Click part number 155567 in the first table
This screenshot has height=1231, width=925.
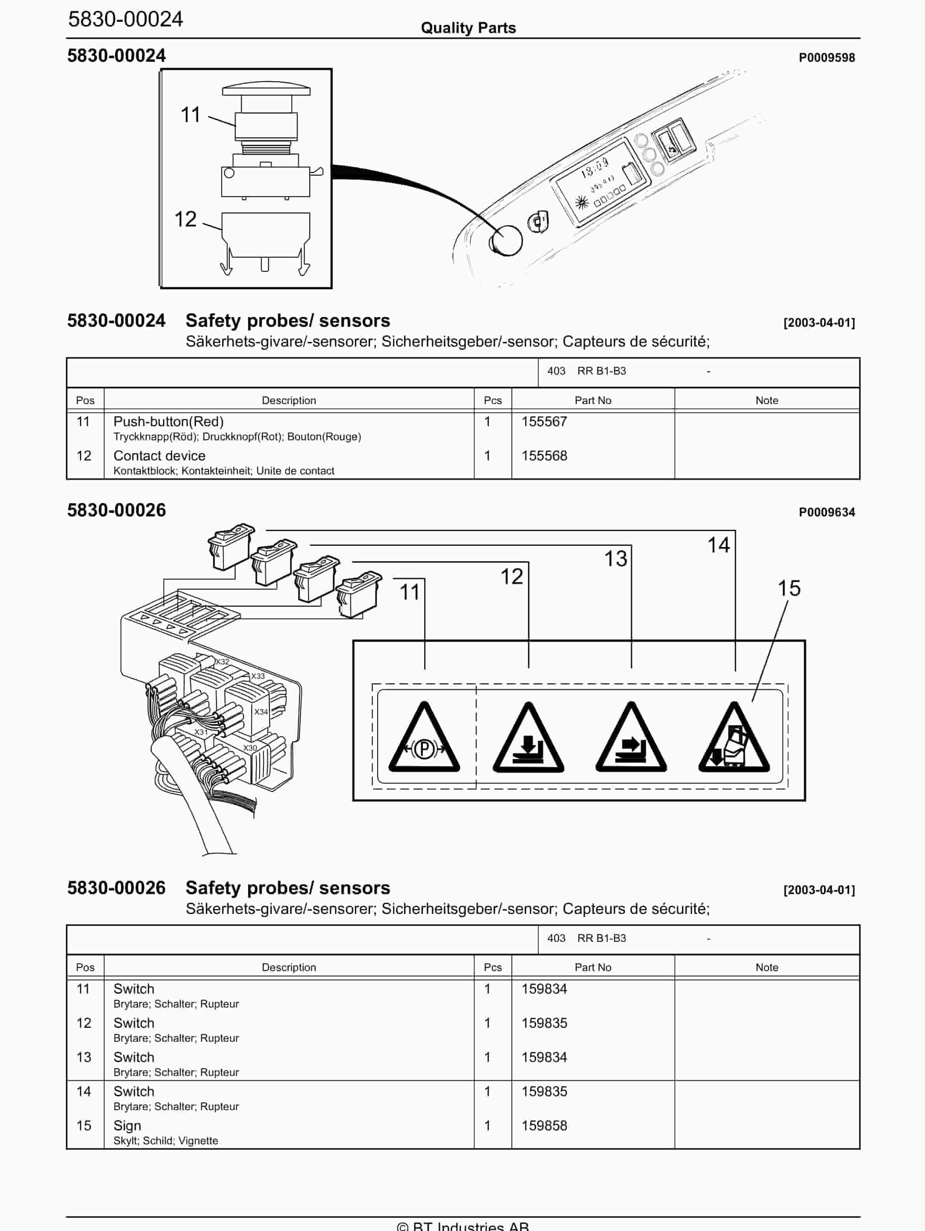[544, 422]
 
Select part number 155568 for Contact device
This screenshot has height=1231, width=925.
[544, 456]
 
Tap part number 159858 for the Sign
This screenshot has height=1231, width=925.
[544, 1125]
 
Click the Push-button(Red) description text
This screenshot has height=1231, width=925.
[168, 422]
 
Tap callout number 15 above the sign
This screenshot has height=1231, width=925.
[789, 589]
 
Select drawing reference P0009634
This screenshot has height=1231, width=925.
[827, 512]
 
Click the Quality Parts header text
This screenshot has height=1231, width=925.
[468, 28]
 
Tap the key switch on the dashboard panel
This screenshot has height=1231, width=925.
[538, 223]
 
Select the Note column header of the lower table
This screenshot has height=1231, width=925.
[766, 967]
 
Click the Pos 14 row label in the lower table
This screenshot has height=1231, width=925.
[84, 1092]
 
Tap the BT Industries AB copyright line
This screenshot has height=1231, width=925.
[462, 1226]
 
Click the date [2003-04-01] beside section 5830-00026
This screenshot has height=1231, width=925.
[819, 890]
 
